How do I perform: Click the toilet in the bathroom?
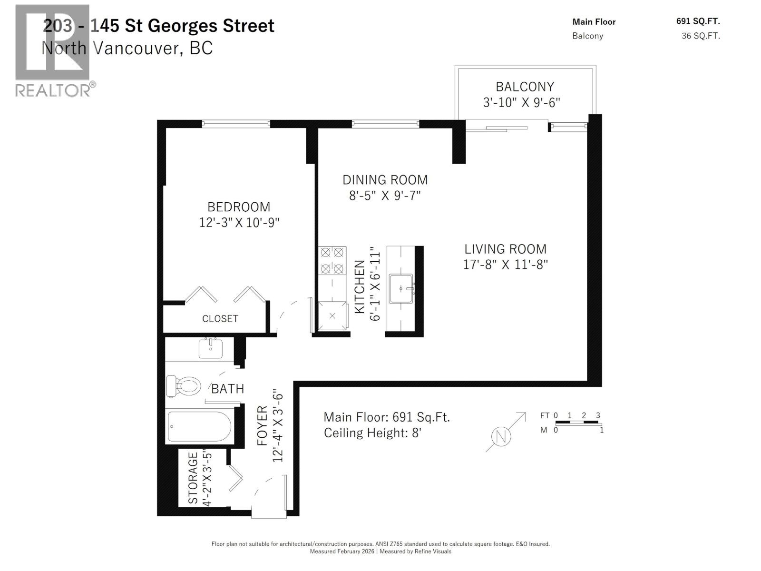(184, 386)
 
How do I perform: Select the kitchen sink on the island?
(401, 288)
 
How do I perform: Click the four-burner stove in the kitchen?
(332, 260)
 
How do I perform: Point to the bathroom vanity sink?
(210, 349)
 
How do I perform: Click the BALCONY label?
(525, 87)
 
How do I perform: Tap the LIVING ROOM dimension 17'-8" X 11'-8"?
(506, 265)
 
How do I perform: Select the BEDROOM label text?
(239, 207)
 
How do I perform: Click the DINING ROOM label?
(385, 180)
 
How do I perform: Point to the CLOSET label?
(220, 319)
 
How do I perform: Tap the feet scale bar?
(577, 423)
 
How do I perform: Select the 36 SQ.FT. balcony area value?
(701, 36)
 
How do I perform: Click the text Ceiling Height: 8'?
(372, 433)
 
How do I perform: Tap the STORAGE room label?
(193, 478)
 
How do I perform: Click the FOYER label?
(263, 426)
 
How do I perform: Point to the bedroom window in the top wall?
(236, 124)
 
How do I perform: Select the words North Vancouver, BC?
(127, 48)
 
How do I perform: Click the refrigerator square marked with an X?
(332, 316)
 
